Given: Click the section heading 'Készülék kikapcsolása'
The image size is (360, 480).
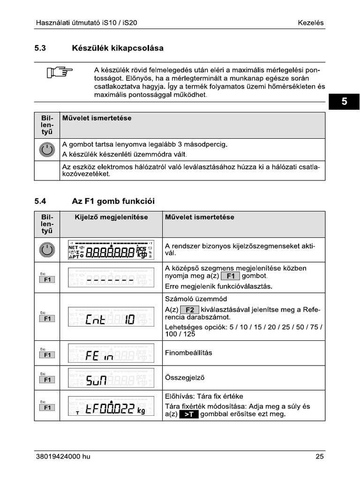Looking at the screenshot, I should pyautogui.click(x=118, y=48).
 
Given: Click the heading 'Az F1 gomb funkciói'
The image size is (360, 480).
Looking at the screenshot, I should pyautogui.click(x=113, y=201).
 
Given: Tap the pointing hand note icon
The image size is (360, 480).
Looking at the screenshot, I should pyautogui.click(x=60, y=73).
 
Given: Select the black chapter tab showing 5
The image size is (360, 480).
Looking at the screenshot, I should pyautogui.click(x=344, y=102).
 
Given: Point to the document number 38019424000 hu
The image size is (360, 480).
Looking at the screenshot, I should pyautogui.click(x=63, y=457).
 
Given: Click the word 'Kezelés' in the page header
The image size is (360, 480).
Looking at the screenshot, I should pyautogui.click(x=310, y=22).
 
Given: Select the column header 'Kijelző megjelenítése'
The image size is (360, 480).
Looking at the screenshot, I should pyautogui.click(x=111, y=217).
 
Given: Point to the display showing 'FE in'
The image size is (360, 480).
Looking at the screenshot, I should pyautogui.click(x=111, y=353).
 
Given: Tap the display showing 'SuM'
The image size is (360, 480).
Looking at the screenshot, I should pyautogui.click(x=111, y=378).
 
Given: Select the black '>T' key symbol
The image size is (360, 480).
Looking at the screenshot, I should pyautogui.click(x=189, y=415).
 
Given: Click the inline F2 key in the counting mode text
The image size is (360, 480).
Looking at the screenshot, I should pyautogui.click(x=189, y=310).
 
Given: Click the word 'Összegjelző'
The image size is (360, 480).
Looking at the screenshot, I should pyautogui.click(x=184, y=377).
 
